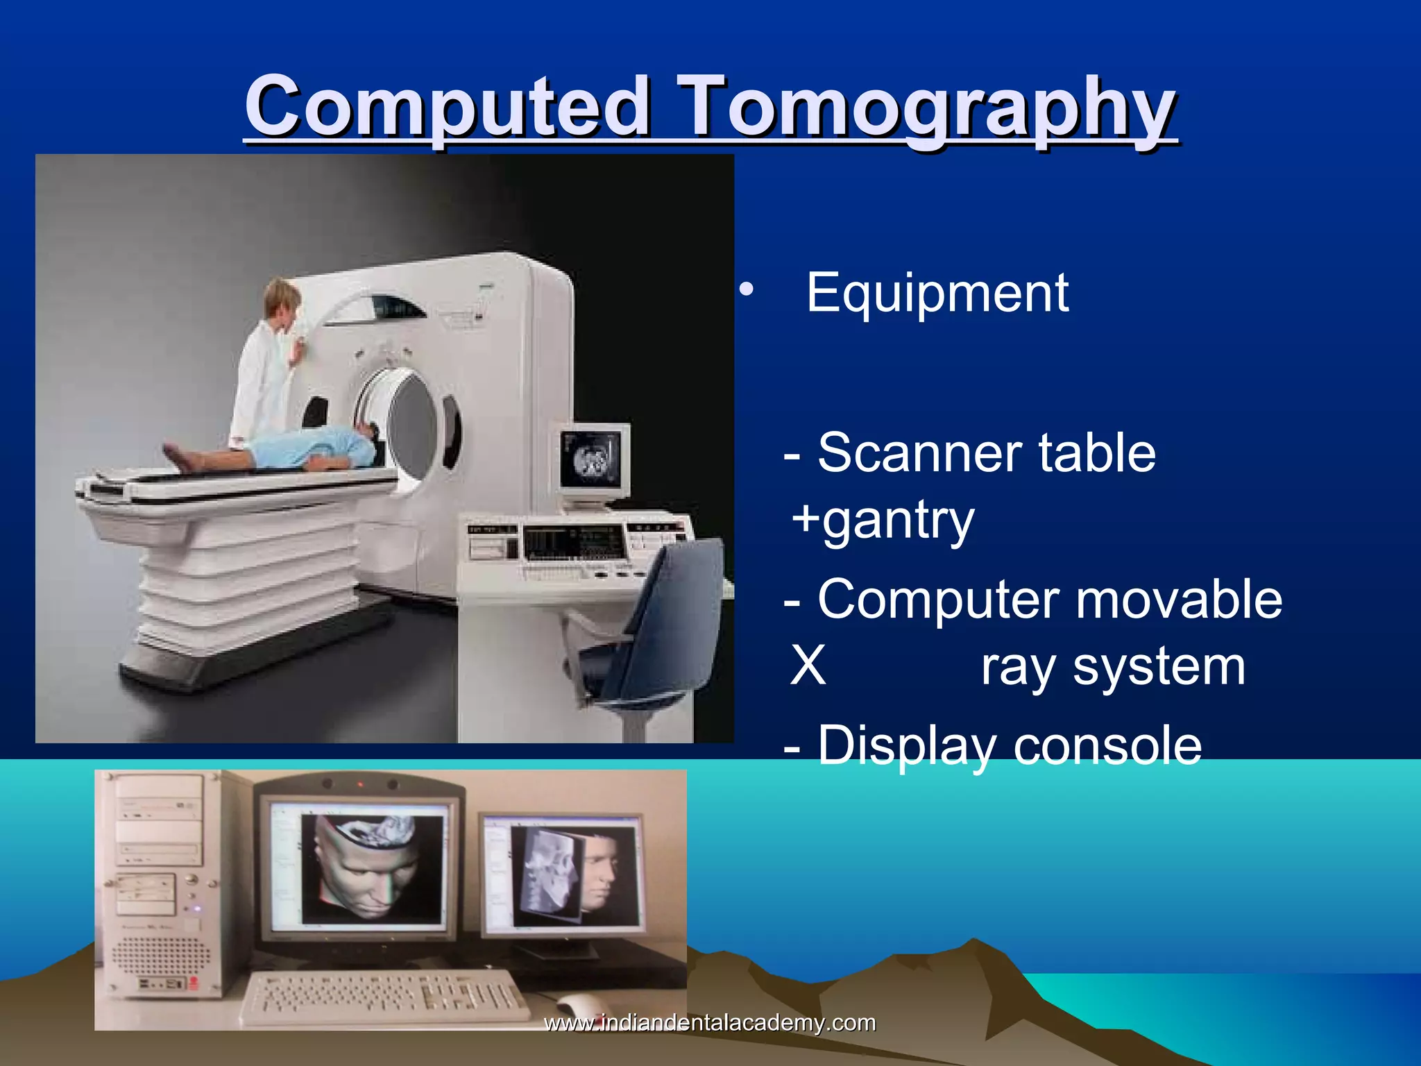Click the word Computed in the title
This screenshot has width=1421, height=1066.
[448, 108]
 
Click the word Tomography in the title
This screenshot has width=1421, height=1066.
[926, 108]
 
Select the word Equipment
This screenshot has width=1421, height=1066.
[937, 294]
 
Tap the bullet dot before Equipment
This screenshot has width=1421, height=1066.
[746, 290]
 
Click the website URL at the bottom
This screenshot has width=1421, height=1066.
[709, 1023]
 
